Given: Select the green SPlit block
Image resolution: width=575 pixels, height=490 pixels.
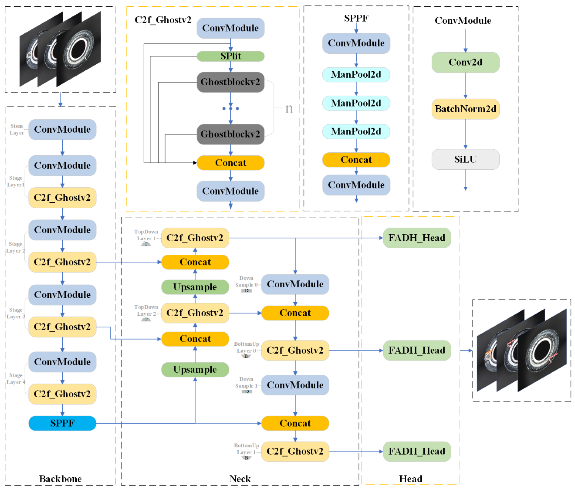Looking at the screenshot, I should (x=230, y=56).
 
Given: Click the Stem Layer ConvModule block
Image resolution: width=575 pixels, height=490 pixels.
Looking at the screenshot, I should (x=62, y=129).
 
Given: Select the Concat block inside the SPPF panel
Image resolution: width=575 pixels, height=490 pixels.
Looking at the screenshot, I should (x=356, y=160).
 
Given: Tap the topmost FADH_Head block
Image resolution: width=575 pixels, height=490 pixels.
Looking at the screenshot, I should (x=417, y=238).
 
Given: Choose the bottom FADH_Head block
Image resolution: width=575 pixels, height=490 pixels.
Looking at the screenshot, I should (x=417, y=451).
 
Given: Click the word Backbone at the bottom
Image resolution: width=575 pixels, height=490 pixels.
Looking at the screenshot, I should (x=60, y=479).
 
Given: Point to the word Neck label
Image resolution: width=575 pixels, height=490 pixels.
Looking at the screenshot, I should (x=240, y=479).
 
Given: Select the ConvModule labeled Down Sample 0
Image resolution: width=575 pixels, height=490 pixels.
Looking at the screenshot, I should (x=295, y=284).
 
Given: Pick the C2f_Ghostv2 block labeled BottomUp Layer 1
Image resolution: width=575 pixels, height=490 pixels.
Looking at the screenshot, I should (x=295, y=451).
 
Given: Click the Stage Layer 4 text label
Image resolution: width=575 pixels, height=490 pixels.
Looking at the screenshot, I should (x=16, y=378).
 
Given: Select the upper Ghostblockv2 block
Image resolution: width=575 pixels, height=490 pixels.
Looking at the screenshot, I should (x=230, y=82).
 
